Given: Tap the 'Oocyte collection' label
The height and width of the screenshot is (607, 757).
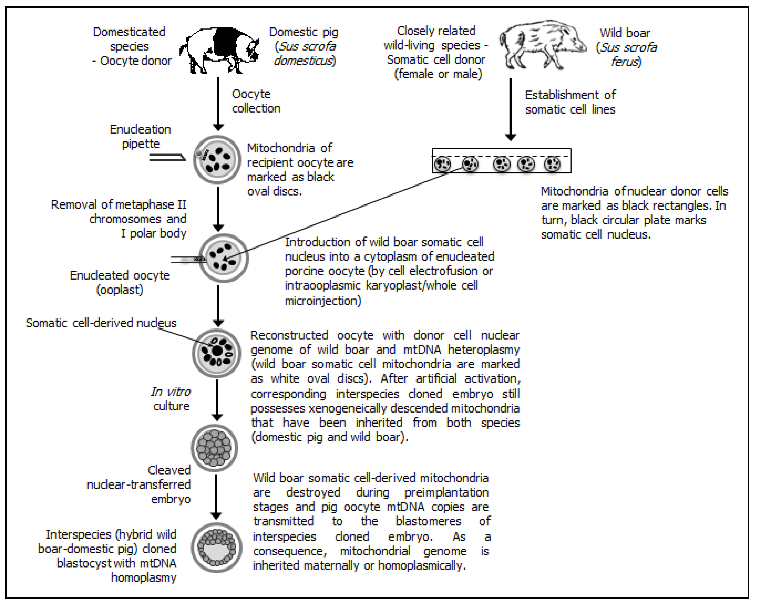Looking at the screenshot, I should pos(256,101).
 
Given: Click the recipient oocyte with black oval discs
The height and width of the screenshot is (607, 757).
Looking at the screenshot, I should pos(217,160).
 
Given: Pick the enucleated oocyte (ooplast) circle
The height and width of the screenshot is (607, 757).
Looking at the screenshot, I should pos(224,258).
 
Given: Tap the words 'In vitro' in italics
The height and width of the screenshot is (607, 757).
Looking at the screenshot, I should pos(171,392).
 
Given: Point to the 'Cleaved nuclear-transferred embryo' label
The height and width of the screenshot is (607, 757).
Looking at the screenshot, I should pos(139,484).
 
